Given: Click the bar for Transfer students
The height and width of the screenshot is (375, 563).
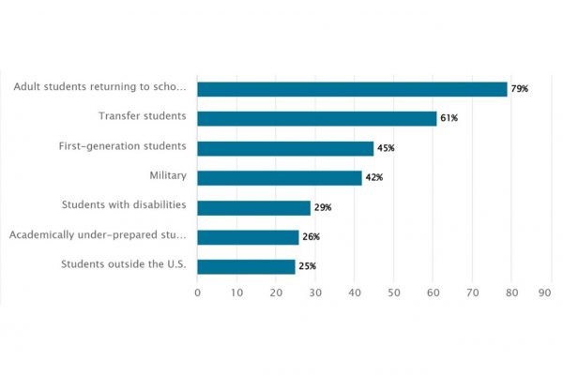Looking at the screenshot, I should [317, 118].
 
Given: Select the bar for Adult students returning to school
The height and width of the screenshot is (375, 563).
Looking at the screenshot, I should [352, 89].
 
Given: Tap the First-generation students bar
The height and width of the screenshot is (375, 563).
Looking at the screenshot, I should [285, 148].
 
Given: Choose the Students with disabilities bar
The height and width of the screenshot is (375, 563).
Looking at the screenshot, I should [253, 207].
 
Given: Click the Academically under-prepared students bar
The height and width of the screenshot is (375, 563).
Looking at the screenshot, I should [248, 237].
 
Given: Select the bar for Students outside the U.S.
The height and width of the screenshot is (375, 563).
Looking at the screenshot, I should [246, 266].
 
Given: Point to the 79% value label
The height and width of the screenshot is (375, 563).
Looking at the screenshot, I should [520, 89].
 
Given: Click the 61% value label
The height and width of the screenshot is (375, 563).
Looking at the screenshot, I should [449, 118].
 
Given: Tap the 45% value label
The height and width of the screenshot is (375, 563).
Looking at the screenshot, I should [386, 148].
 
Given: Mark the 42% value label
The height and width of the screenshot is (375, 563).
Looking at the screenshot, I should [374, 178].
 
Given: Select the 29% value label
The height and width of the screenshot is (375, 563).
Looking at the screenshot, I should [323, 207].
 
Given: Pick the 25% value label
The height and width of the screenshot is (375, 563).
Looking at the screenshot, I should [307, 266].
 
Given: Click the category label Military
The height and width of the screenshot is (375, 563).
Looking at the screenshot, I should [168, 175].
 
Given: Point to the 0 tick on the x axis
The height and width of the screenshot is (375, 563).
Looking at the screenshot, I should [197, 292].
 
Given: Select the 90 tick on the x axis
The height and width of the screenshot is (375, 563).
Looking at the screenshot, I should [544, 292].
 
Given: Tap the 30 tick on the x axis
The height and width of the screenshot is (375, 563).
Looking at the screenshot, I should [315, 292].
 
